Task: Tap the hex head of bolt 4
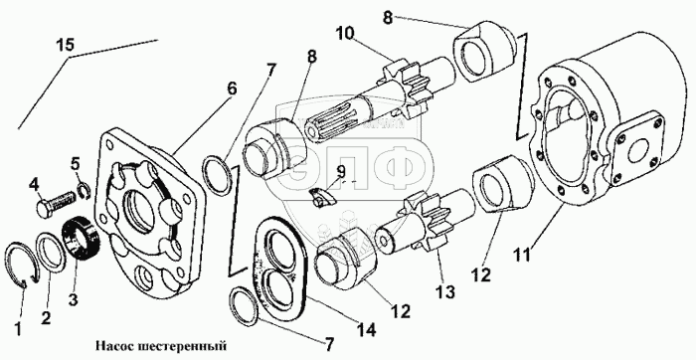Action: (45, 207)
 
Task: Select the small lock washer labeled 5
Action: (83, 190)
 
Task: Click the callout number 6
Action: (232, 90)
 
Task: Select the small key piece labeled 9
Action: (323, 197)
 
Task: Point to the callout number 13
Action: (445, 291)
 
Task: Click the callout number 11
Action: (521, 257)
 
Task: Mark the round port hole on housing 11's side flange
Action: (639, 151)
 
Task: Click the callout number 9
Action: (341, 171)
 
